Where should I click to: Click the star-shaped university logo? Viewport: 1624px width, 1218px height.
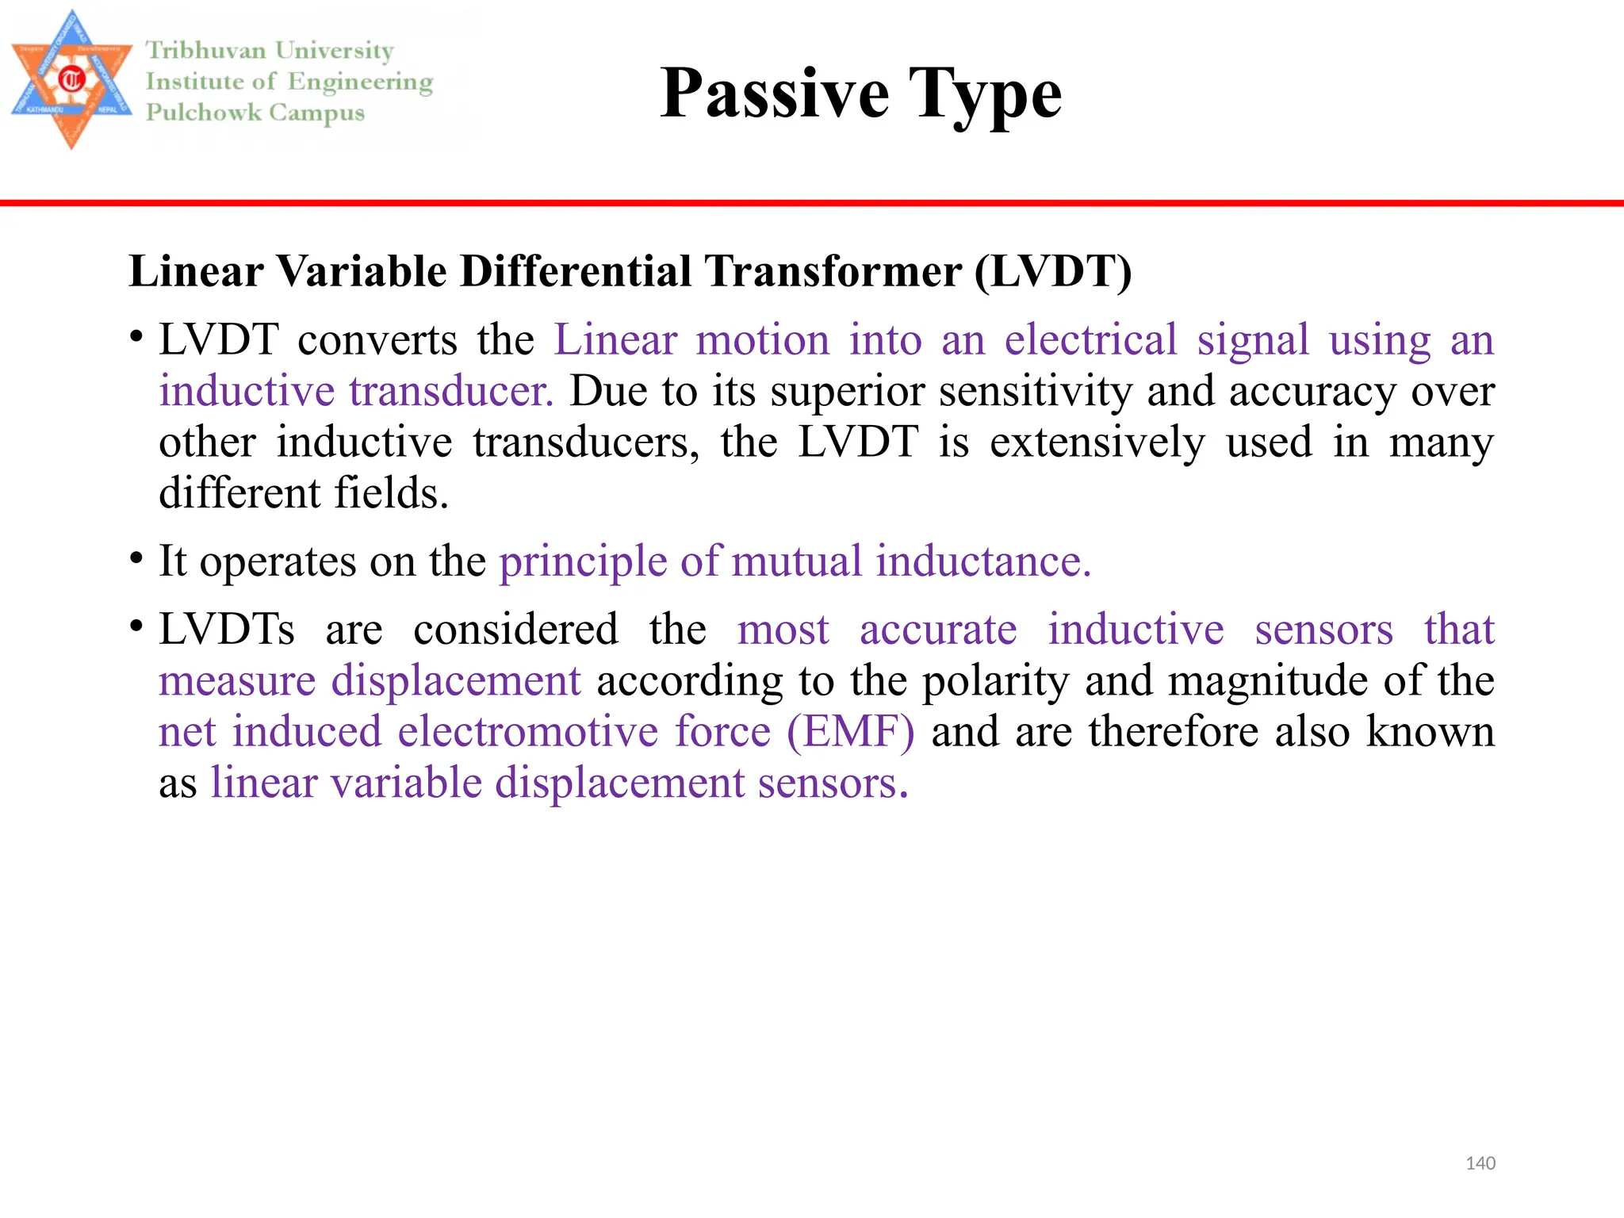tap(71, 80)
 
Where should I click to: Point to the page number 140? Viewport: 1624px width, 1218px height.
tap(1480, 1163)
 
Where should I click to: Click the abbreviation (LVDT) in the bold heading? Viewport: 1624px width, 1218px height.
tap(1053, 272)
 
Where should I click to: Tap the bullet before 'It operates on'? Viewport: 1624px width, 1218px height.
tap(137, 558)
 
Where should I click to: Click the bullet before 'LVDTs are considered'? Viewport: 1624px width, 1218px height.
tap(137, 626)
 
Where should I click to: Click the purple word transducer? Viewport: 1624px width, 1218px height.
tap(450, 391)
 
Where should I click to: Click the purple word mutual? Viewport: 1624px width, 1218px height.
tap(796, 561)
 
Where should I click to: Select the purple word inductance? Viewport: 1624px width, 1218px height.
tap(983, 561)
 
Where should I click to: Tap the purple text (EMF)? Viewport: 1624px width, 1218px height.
tap(850, 731)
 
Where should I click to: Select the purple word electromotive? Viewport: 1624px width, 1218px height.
tap(527, 731)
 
